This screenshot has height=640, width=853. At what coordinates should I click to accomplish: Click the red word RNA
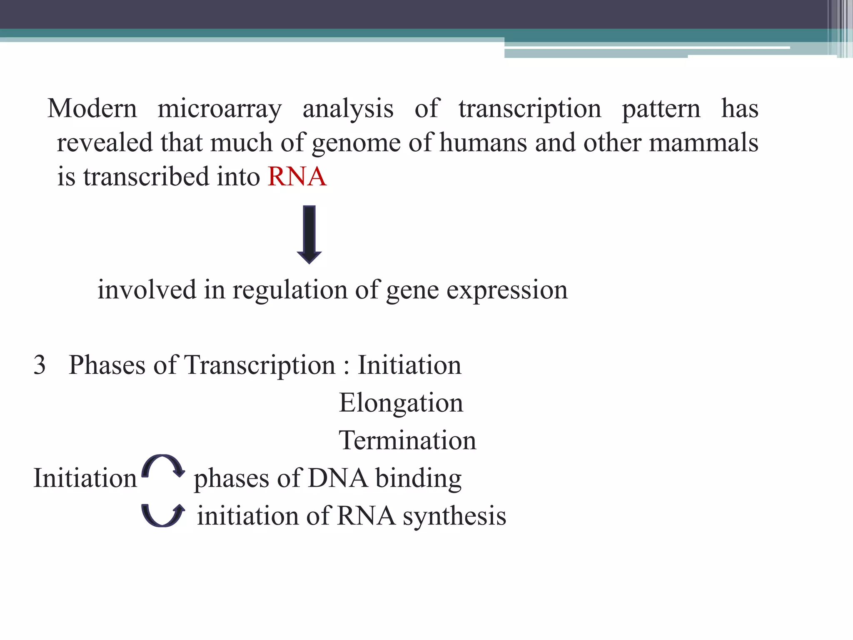[297, 176]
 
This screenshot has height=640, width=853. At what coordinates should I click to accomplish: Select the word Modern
[92, 108]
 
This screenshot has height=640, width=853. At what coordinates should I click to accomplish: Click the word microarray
[219, 109]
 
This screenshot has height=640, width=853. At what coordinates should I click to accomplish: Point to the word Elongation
[401, 403]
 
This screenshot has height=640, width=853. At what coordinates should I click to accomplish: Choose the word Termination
[407, 440]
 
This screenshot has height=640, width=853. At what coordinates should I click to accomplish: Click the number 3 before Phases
[40, 365]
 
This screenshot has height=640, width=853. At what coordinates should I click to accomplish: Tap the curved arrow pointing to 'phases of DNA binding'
[163, 466]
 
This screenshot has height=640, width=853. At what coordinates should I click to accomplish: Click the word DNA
[338, 478]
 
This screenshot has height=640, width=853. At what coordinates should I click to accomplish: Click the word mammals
[703, 142]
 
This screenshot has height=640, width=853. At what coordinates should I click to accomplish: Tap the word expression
[507, 290]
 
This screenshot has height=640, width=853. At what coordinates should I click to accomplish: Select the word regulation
[290, 290]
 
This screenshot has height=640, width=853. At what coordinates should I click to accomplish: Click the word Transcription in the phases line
[260, 365]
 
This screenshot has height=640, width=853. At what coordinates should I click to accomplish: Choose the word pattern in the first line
[661, 109]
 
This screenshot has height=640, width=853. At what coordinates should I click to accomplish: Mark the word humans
[483, 142]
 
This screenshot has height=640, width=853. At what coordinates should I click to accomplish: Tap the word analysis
[348, 109]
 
